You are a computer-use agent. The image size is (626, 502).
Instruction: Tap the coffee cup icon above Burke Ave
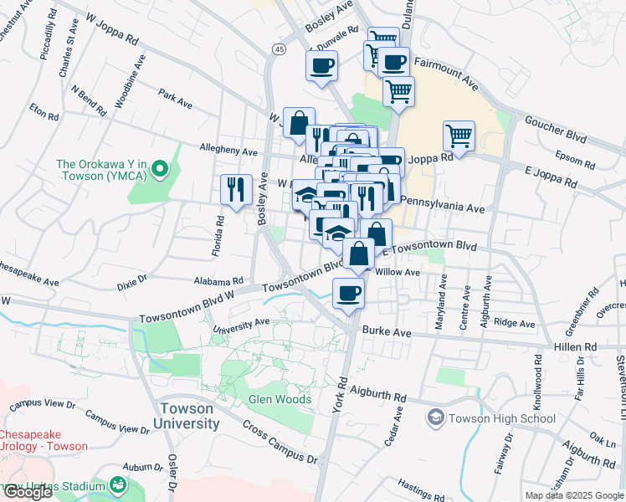[x=348, y=293]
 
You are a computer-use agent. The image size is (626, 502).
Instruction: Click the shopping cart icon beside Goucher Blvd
[x=459, y=135]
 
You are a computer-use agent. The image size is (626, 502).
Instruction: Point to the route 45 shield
[x=279, y=50]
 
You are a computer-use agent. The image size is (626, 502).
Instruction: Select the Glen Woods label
[x=280, y=399]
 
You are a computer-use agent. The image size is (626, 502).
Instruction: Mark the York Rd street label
[x=341, y=392]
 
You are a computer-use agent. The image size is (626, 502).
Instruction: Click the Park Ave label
[x=176, y=100]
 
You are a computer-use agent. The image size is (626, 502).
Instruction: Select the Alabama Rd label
[x=218, y=282]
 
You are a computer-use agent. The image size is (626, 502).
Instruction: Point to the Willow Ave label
[x=398, y=272]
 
